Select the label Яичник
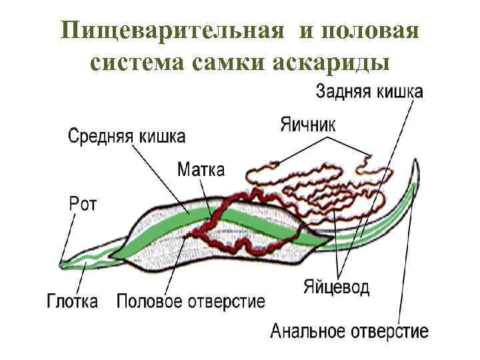click(306, 124)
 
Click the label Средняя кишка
click(127, 137)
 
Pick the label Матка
click(201, 169)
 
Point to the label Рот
click(83, 203)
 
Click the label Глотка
click(73, 301)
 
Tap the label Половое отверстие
click(191, 301)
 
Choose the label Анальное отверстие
click(349, 331)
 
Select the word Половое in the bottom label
click(150, 301)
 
